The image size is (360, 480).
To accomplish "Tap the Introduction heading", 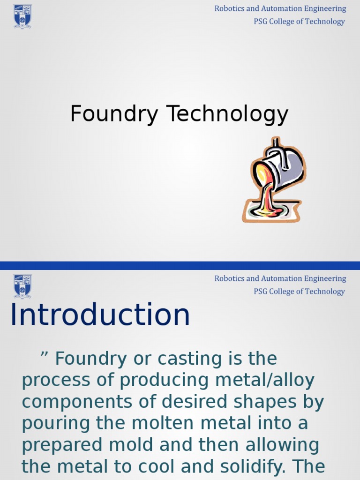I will pyautogui.click(x=100, y=315).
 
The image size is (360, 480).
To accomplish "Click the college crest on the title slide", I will pyautogui.click(x=22, y=16).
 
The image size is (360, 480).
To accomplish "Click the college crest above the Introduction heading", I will pyautogui.click(x=22, y=286).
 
